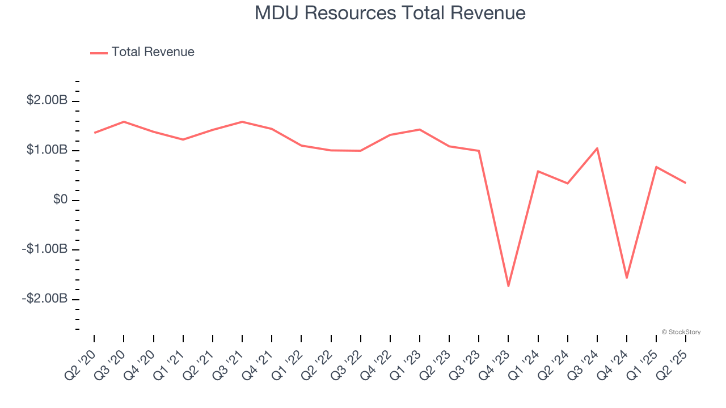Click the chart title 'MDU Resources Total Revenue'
pyautogui.click(x=390, y=13)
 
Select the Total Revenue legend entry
pyautogui.click(x=142, y=52)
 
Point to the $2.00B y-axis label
pyautogui.click(x=47, y=101)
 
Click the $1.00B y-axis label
pyautogui.click(x=47, y=150)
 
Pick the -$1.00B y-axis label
pyautogui.click(x=45, y=249)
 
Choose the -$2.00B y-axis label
pyautogui.click(x=45, y=299)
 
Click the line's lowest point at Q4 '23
pyautogui.click(x=508, y=286)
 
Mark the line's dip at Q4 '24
pyautogui.click(x=627, y=278)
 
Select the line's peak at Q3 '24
pyautogui.click(x=597, y=148)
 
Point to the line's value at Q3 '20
pyautogui.click(x=124, y=121)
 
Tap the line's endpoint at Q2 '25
pyautogui.click(x=686, y=182)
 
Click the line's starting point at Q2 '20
pyautogui.click(x=94, y=133)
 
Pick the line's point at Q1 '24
pyautogui.click(x=538, y=171)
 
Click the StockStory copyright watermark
pyautogui.click(x=681, y=332)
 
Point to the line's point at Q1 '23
pyautogui.click(x=420, y=129)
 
